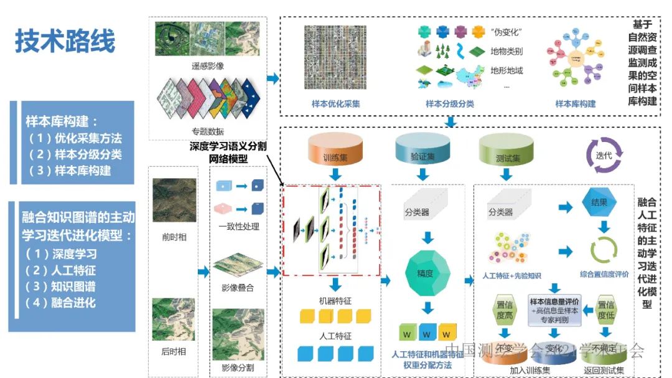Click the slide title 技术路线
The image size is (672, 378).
coord(65,42)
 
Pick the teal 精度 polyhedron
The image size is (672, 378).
coord(429,272)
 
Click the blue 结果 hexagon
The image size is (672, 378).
coord(599,202)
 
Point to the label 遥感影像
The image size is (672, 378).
coord(208,65)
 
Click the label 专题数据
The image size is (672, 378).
coord(208,131)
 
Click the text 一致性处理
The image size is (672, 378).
coord(238,227)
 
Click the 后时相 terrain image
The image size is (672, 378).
coord(174,319)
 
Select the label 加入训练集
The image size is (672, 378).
coord(520,370)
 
